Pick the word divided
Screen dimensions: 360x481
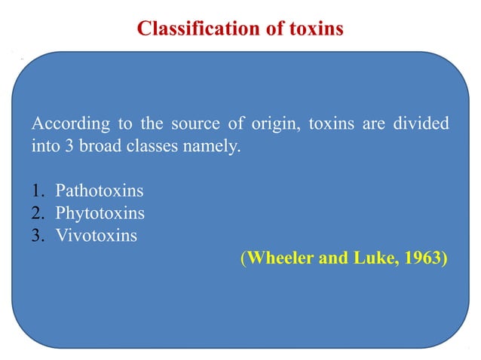coord(418,124)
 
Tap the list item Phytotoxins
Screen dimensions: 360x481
coord(100,214)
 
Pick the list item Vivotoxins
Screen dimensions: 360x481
coord(97,236)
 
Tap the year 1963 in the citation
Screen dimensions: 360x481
coord(422,259)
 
